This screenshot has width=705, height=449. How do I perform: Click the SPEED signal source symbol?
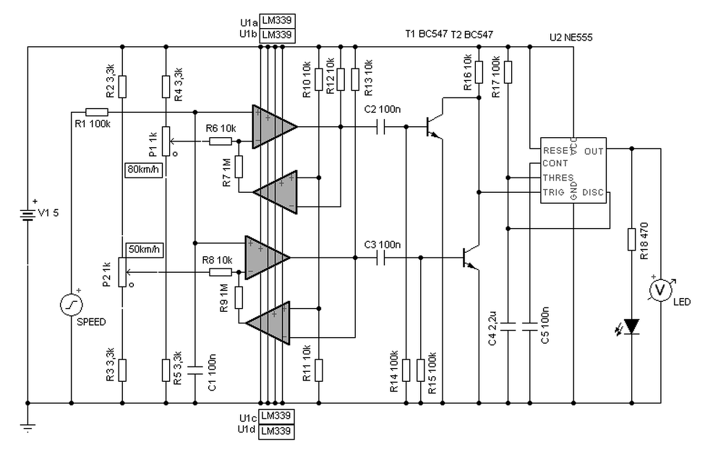72,305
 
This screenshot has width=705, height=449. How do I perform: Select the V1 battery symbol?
28,215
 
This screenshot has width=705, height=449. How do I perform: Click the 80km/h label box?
144,170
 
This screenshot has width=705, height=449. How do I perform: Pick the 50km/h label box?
144,250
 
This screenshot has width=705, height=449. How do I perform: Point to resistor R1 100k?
97,112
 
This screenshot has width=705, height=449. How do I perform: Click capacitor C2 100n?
381,127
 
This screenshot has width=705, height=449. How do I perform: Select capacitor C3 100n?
381,258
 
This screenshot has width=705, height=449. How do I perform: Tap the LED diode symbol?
632,326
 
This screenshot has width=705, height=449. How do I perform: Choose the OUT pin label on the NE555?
594,152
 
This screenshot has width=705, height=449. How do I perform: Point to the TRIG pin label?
554,192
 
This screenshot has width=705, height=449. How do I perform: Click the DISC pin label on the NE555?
593,192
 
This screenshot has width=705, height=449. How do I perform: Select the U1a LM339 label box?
277,21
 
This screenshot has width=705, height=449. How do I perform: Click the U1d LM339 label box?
276,432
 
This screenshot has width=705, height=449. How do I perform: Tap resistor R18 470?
632,240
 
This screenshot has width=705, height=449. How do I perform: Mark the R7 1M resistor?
239,166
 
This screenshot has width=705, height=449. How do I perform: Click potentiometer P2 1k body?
122,272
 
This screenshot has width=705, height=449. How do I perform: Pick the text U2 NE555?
571,37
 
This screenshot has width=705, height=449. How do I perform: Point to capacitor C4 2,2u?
508,327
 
